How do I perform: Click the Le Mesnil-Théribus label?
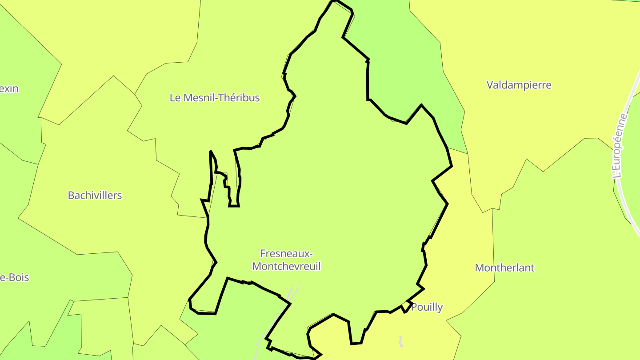point(215,98)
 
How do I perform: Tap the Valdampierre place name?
point(519,85)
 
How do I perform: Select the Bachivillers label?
point(95,195)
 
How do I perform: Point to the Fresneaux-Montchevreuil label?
point(286,260)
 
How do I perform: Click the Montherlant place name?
point(504,268)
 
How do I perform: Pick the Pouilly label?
point(427,307)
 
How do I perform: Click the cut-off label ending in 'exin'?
point(9,88)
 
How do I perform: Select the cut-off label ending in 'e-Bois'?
point(14,278)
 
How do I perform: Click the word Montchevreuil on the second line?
point(286,267)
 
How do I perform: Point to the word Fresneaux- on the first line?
point(286,254)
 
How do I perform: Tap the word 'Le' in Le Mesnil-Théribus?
point(175,98)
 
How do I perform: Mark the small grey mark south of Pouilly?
point(401,342)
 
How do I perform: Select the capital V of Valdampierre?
point(490,85)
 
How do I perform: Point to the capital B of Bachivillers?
point(71,195)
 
